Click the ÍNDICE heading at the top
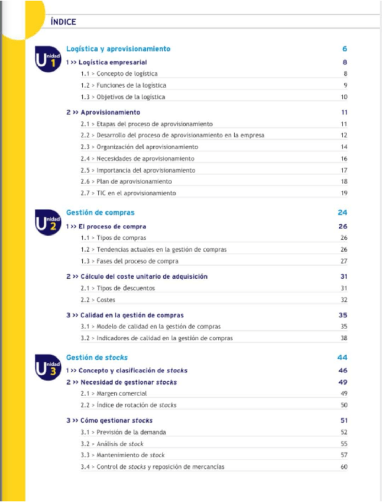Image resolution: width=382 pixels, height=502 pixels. (63, 22)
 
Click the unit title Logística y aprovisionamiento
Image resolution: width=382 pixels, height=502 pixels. (118, 49)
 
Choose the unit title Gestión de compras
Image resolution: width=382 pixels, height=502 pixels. (100, 213)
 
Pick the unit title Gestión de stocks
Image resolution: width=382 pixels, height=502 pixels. (96, 358)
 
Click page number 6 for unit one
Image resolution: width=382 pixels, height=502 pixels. (344, 49)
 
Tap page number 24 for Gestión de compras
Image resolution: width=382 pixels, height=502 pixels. (342, 213)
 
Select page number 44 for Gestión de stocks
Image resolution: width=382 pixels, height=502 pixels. (342, 358)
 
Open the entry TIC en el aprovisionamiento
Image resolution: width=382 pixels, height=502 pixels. (136, 193)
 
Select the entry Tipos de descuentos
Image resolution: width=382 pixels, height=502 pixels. (125, 288)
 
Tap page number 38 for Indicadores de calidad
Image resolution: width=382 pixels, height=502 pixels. (344, 338)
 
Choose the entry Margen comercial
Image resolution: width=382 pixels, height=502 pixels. (121, 393)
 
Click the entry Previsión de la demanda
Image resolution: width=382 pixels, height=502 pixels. (131, 432)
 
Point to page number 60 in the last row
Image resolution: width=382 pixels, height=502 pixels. (344, 467)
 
